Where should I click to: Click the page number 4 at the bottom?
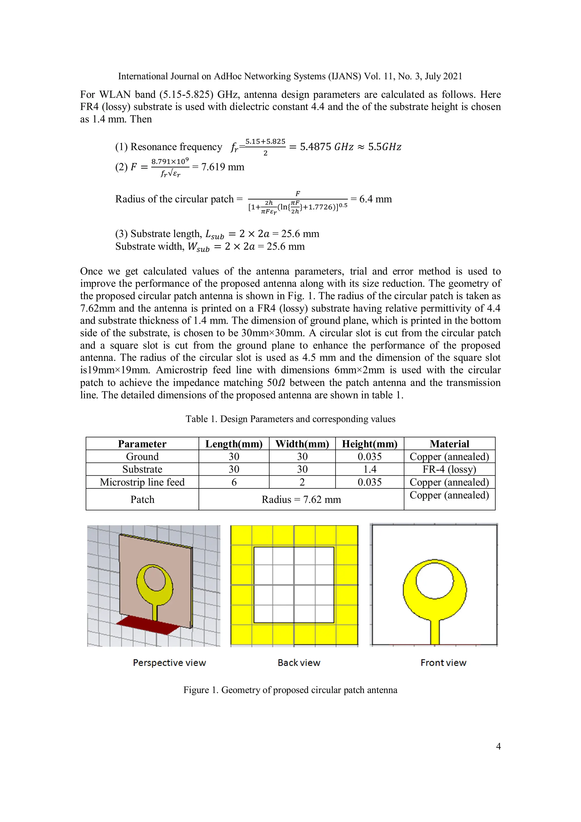coord(498,746)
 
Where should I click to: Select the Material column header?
coord(449,444)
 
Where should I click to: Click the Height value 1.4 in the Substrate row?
coord(370,469)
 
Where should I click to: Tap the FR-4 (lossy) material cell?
coord(449,469)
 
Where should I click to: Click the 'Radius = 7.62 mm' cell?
coord(301,499)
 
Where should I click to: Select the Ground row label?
coord(142,457)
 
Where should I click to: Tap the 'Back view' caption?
coord(299,663)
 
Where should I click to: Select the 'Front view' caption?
coord(443,663)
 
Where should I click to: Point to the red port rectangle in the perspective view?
coord(148,625)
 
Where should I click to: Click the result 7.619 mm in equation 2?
coord(222,167)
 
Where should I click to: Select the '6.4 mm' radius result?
coord(375,199)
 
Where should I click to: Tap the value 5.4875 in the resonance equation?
coord(315,147)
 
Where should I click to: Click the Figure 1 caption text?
coord(290,690)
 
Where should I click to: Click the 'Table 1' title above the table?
coord(290,419)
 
